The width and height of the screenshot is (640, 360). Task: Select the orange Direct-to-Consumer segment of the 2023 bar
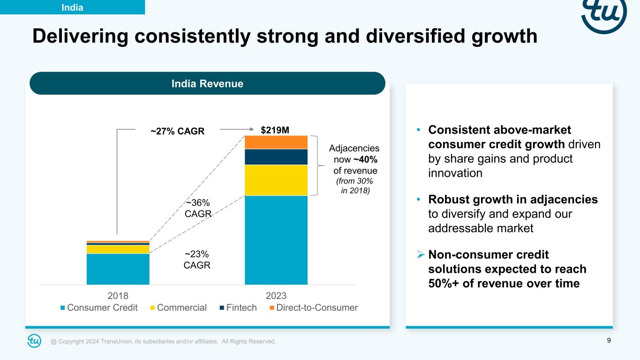pyautogui.click(x=276, y=142)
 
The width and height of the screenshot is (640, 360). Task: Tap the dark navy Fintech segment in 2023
pyautogui.click(x=276, y=157)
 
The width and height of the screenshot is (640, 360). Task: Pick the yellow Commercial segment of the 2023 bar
pyautogui.click(x=276, y=180)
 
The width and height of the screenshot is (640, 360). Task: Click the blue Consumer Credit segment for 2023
pyautogui.click(x=276, y=240)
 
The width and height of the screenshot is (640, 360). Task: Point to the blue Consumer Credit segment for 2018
pyautogui.click(x=118, y=269)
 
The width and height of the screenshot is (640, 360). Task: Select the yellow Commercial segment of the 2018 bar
pyautogui.click(x=118, y=249)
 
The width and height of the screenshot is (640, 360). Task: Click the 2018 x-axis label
pyautogui.click(x=118, y=296)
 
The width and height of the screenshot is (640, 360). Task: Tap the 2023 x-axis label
pyautogui.click(x=276, y=296)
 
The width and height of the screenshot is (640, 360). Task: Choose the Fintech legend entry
pyautogui.click(x=238, y=308)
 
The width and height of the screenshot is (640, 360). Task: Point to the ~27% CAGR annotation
pyautogui.click(x=177, y=131)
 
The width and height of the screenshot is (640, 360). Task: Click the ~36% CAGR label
pyautogui.click(x=197, y=208)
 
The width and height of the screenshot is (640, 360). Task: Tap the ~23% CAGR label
pyautogui.click(x=197, y=259)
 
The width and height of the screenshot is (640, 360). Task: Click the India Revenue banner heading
pyautogui.click(x=207, y=84)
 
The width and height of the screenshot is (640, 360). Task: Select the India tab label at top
pyautogui.click(x=72, y=7)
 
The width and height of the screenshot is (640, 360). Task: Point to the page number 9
pyautogui.click(x=609, y=341)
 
